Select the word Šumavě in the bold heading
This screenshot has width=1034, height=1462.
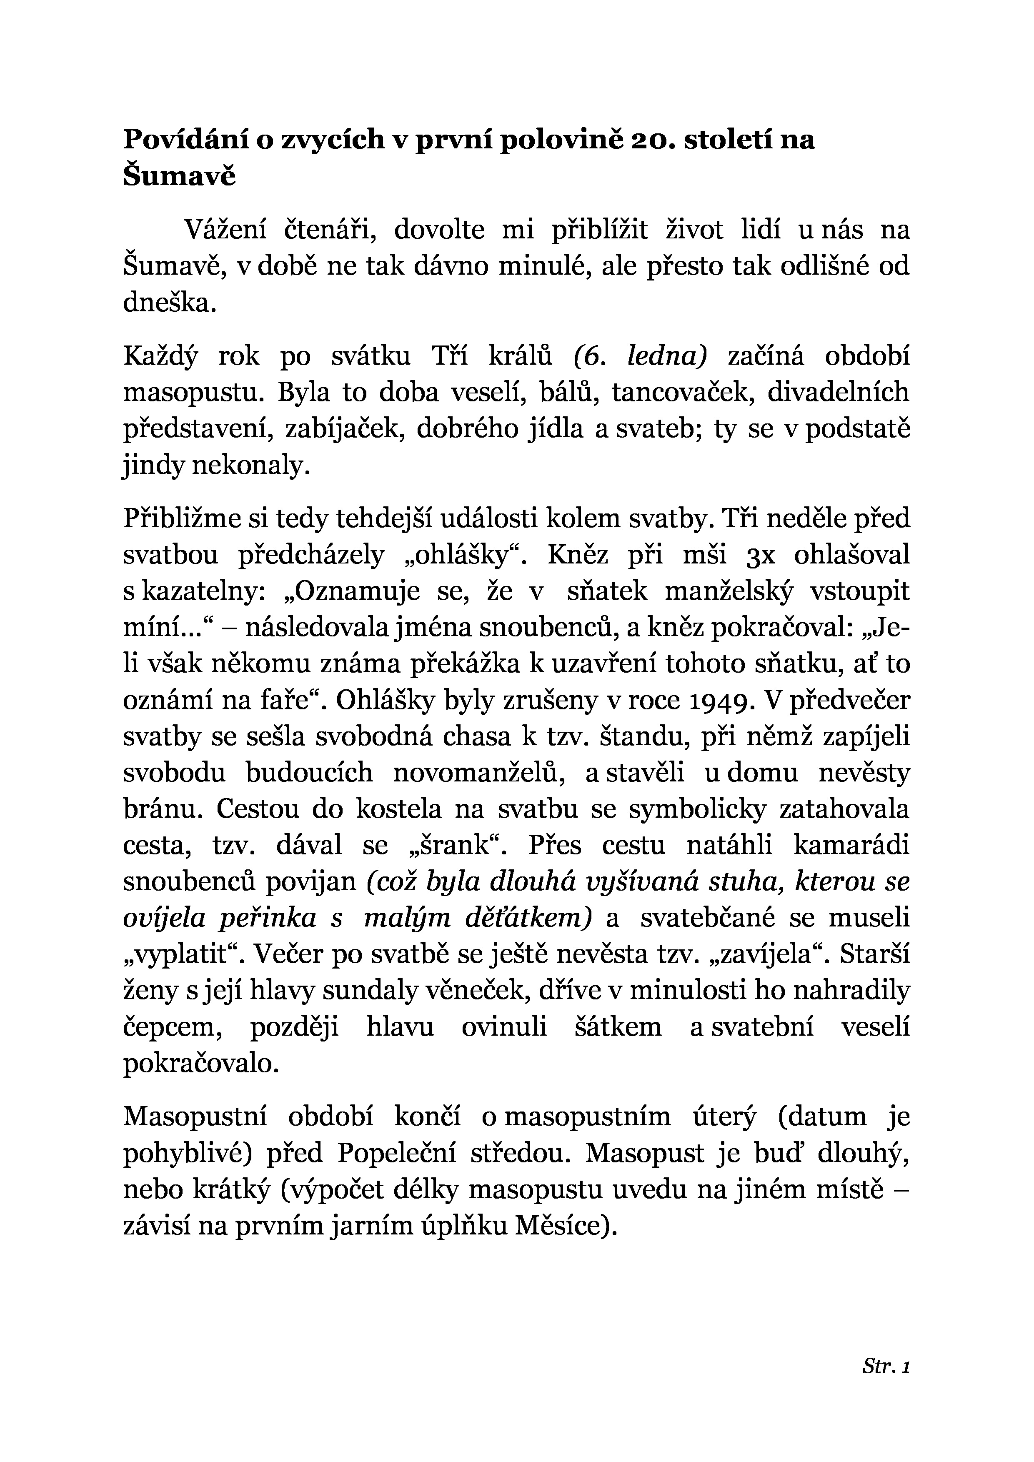[179, 176]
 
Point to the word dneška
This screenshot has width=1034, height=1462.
[170, 303]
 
